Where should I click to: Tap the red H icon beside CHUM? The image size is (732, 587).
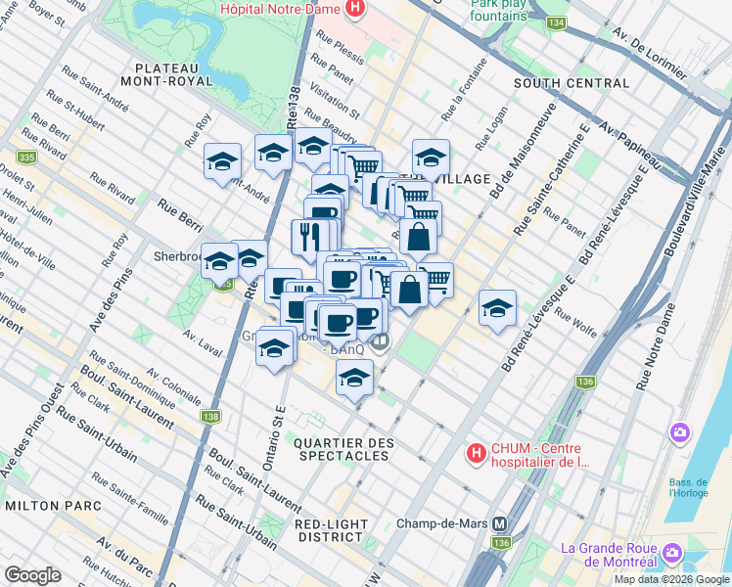coord(476,454)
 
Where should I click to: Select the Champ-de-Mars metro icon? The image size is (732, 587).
coord(502,523)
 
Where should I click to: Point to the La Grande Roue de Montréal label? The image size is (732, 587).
coord(607,555)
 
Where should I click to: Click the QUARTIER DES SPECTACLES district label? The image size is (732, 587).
coord(343,449)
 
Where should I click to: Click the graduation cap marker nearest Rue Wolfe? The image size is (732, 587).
coord(497,307)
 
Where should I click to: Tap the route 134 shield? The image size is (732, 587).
coord(557,23)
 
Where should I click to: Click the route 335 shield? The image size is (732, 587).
coord(26,157)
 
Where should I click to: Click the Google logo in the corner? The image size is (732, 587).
coord(32,575)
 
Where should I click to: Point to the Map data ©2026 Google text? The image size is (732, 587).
coord(671,579)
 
